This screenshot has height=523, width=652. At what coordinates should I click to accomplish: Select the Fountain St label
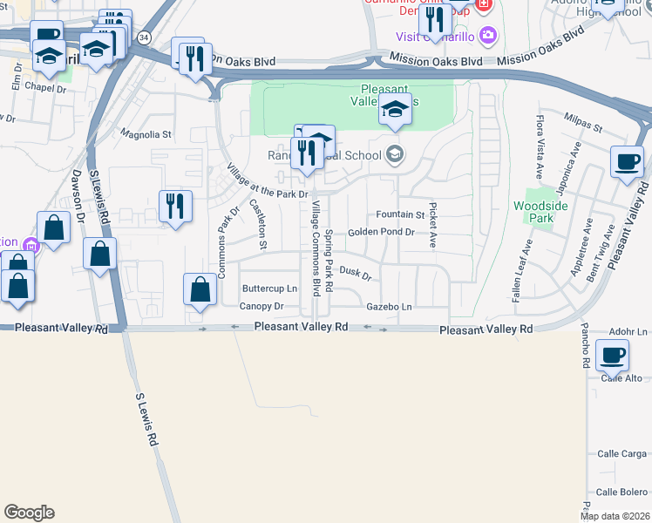click(x=400, y=214)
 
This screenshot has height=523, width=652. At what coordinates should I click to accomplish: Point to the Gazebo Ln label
click(x=389, y=307)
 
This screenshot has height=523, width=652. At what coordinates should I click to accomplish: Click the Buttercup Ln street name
click(x=269, y=289)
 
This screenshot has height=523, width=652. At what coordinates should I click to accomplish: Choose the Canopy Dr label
click(x=261, y=307)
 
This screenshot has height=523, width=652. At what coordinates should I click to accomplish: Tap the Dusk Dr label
click(x=356, y=275)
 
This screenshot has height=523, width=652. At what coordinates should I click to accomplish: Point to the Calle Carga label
click(x=622, y=454)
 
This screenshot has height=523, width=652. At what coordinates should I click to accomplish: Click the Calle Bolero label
click(x=622, y=492)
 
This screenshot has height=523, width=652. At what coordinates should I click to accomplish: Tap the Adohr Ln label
click(x=628, y=332)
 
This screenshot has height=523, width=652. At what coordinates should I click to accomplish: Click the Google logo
click(x=29, y=513)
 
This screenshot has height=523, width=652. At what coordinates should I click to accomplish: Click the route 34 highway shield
click(x=144, y=37)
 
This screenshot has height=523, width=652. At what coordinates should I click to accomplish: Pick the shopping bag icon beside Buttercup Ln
click(x=200, y=289)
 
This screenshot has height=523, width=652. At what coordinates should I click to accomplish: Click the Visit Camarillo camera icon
click(x=487, y=36)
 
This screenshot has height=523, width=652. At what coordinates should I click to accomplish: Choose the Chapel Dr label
click(x=45, y=87)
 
